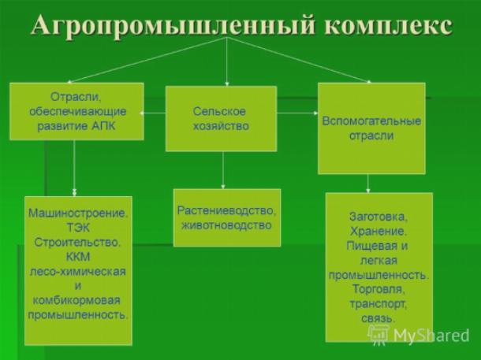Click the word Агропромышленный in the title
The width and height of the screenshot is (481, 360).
pos(173,26)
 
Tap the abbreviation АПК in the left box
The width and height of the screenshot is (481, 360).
pos(103,126)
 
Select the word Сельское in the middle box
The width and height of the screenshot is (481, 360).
pos(219,111)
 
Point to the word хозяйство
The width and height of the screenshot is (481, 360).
pos(221,126)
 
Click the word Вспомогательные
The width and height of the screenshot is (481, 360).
pos(371,121)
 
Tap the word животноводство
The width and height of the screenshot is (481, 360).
pos(226,225)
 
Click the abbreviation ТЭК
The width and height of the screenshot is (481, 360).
pos(78,228)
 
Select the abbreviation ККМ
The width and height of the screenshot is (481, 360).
pos(78,257)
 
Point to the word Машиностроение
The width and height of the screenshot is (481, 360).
pos(77,213)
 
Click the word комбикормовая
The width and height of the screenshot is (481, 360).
pos(76,300)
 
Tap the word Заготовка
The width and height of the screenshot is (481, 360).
pos(378,217)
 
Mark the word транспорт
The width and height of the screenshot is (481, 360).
pos(378,304)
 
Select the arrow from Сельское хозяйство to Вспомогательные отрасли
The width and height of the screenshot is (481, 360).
pos(297,113)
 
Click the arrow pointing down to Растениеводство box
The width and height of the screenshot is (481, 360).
pos(223,170)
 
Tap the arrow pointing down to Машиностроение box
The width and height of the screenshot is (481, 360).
pos(74,168)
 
